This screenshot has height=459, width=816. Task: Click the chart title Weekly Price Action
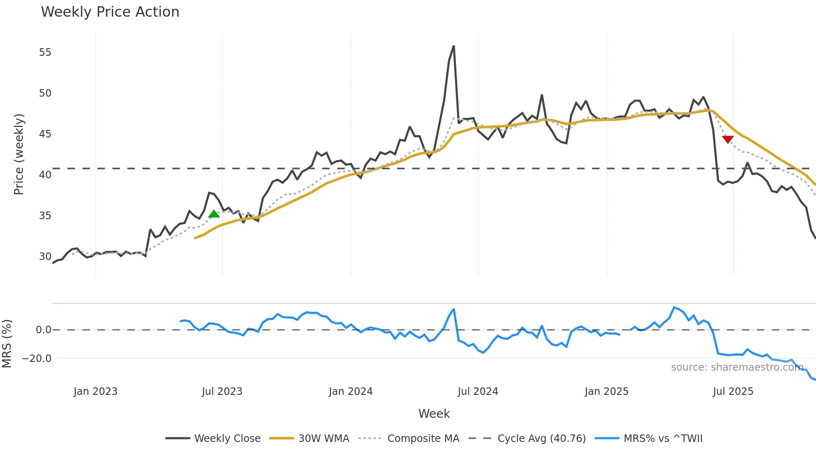110,12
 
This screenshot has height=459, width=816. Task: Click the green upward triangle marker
214,214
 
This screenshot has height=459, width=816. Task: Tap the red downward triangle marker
727,139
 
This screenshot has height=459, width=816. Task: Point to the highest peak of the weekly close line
453,46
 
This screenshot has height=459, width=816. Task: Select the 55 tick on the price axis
45,52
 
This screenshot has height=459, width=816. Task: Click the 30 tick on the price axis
45,257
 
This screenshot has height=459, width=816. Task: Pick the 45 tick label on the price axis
45,134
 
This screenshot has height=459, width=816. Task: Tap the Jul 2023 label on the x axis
222,392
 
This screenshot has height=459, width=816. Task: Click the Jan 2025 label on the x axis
606,392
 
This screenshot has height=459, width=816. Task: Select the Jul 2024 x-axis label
478,392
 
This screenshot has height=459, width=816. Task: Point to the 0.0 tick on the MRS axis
43,330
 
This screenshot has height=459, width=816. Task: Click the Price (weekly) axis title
19,154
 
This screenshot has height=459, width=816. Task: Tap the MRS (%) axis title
7,344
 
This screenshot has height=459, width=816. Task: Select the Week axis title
434,414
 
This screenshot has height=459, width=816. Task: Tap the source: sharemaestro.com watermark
737,367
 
